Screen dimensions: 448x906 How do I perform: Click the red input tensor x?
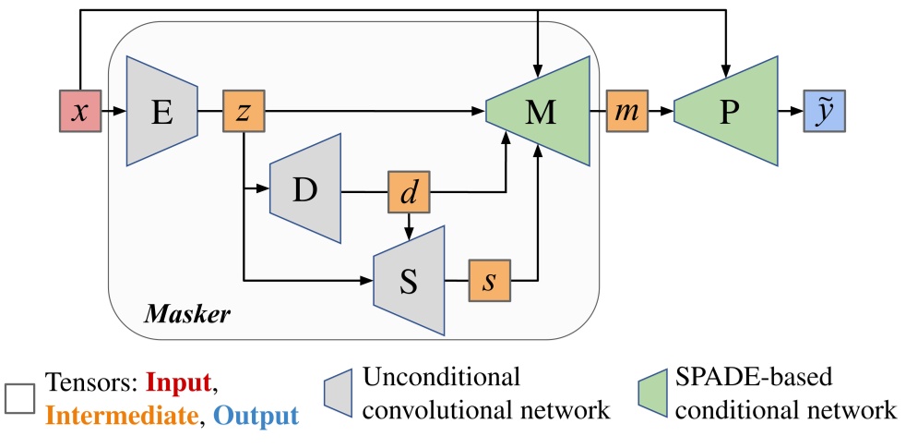pos(78,112)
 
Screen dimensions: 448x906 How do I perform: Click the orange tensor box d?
pos(408,192)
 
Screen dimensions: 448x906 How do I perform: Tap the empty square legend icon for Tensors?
pos(20,398)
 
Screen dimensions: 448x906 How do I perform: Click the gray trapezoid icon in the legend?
pos(340,394)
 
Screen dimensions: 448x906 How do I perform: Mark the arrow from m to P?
pos(662,112)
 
